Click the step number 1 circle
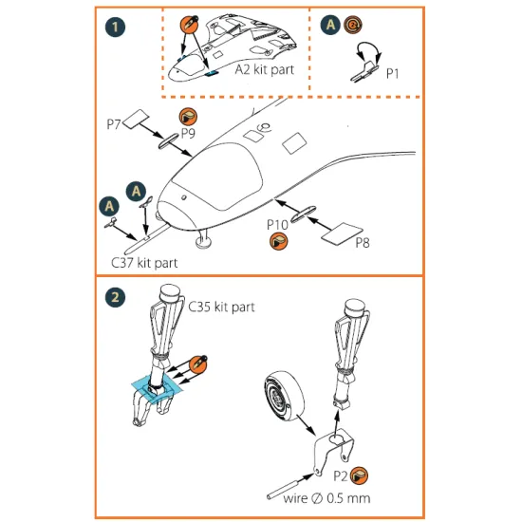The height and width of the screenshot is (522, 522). pos(115,27)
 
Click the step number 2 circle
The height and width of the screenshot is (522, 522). pos(115,297)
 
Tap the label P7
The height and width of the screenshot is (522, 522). pos(114,124)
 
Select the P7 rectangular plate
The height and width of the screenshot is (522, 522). pos(136,119)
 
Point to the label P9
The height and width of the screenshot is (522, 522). pos(188,134)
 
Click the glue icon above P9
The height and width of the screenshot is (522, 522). pos(188,117)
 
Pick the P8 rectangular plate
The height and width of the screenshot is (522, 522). pos(342,233)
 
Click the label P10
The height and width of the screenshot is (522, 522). pos(277,225)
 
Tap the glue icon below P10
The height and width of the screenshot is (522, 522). pos(279,241)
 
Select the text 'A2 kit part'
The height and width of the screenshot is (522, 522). pos(265,70)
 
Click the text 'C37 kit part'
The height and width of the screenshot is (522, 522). pos(144,263)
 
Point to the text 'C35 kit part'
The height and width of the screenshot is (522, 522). pos(222,307)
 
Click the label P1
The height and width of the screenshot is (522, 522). pos(393,74)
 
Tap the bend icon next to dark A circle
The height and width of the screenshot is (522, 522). pos(353,25)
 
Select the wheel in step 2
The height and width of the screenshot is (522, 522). pos(284,396)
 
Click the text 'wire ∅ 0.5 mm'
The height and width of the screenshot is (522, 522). pos(326,498)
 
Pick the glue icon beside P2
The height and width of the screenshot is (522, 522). pos(359,475)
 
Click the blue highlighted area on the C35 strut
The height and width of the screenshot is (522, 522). pos(157,389)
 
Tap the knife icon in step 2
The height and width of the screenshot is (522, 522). pos(198,364)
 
